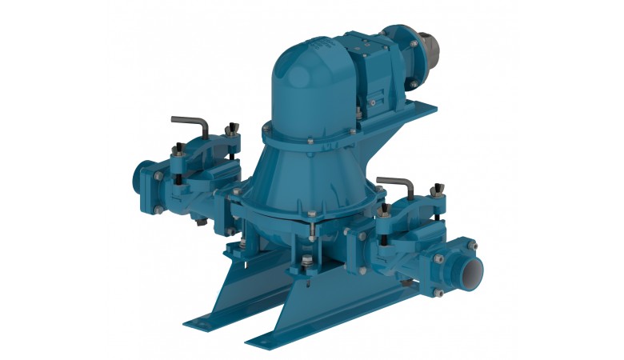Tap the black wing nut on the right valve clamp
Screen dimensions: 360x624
439,189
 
